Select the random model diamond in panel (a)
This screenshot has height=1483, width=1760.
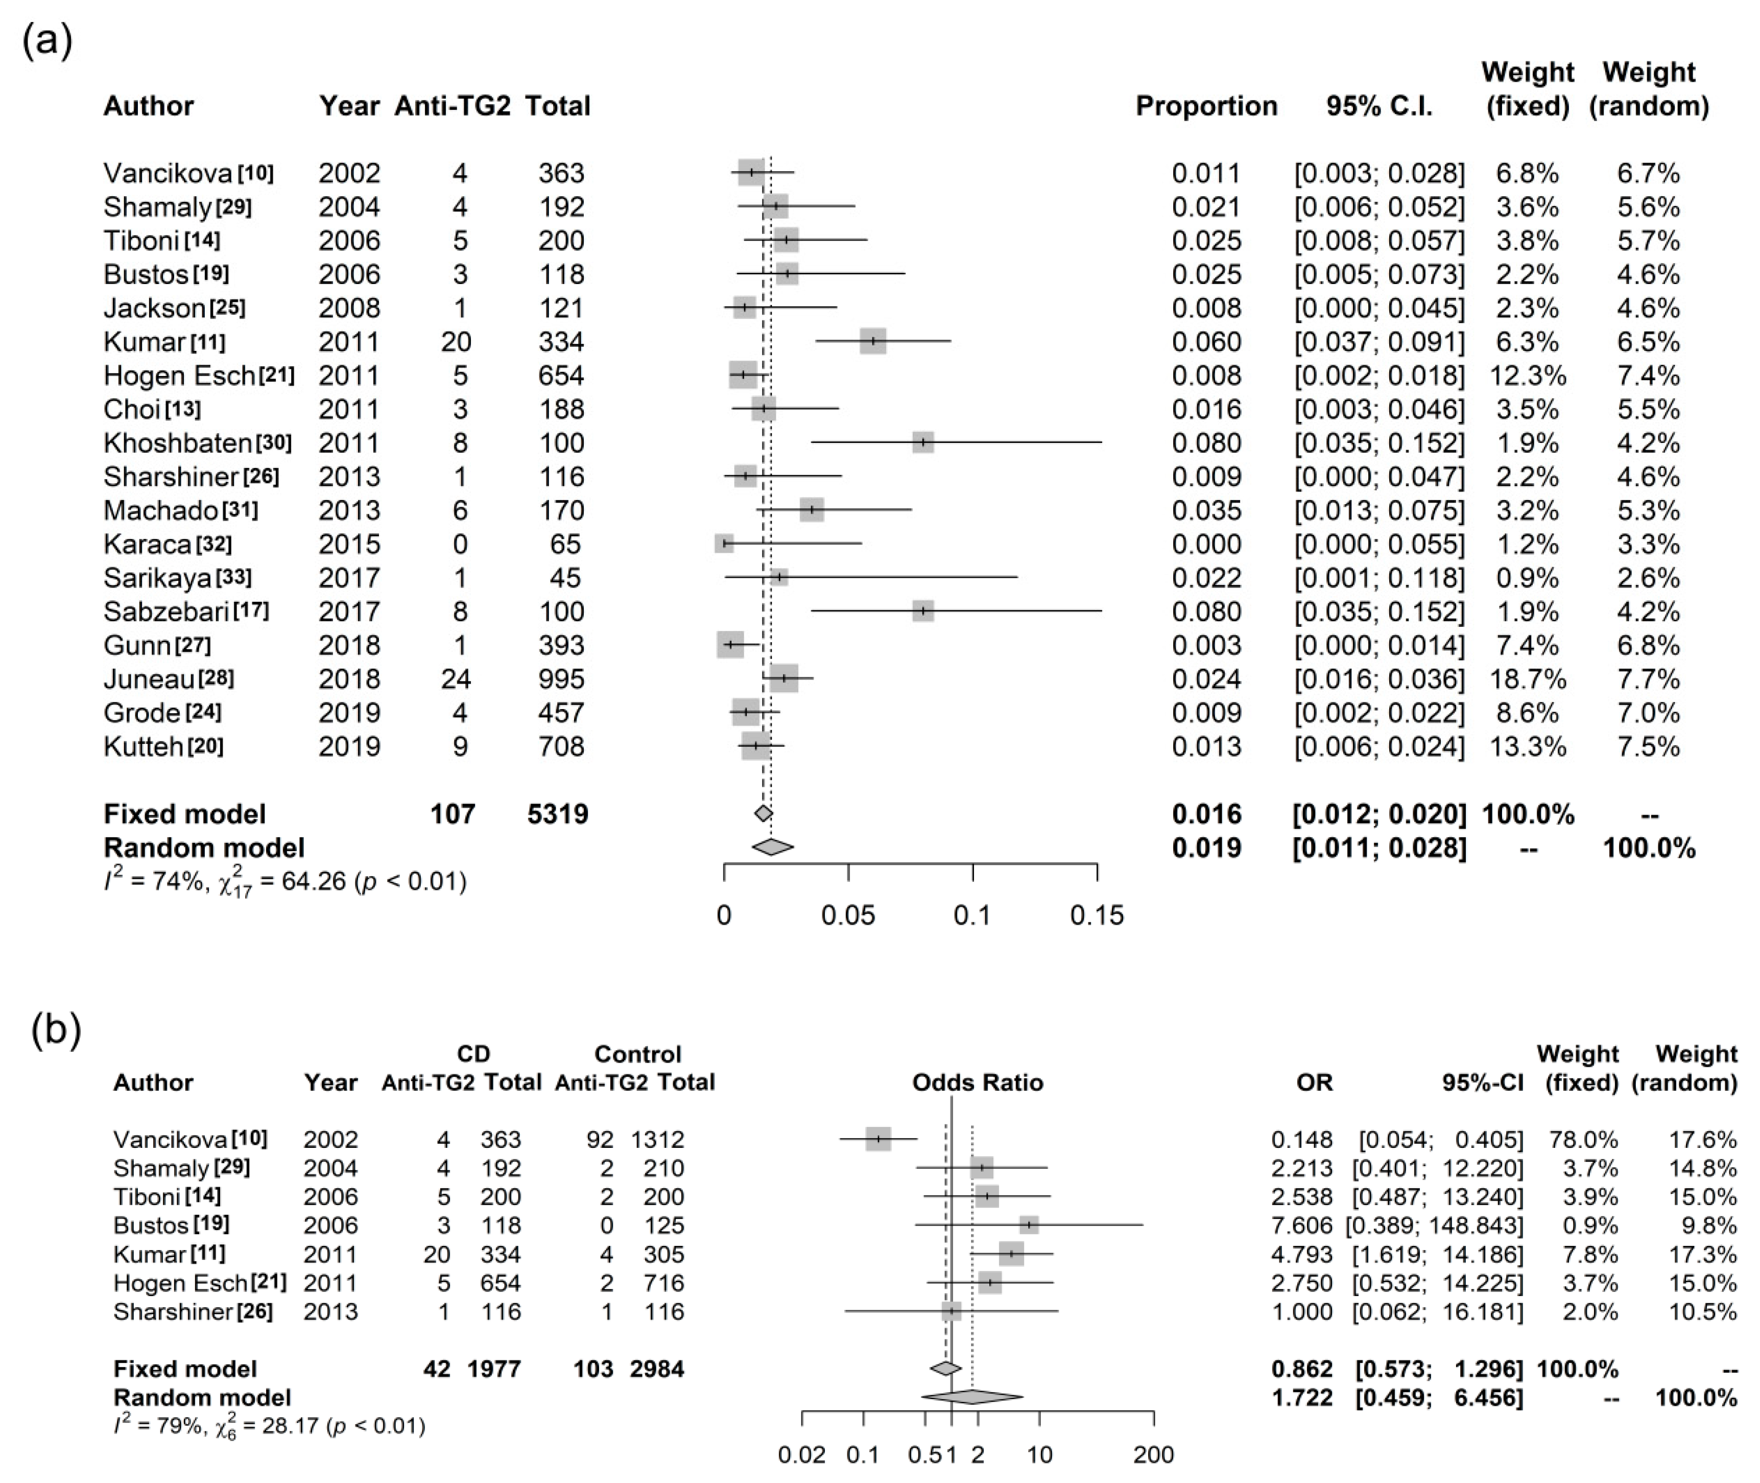point(772,848)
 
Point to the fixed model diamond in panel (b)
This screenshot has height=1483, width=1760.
point(945,1369)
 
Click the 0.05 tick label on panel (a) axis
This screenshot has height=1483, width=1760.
point(848,915)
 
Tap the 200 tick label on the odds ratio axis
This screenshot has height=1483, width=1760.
point(1153,1454)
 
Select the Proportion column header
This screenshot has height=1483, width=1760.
point(1206,106)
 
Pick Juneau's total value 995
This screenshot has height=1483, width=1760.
point(561,679)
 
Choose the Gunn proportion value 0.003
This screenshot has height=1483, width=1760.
point(1206,646)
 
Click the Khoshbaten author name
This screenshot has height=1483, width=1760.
point(177,443)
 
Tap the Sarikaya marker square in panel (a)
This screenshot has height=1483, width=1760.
point(779,578)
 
